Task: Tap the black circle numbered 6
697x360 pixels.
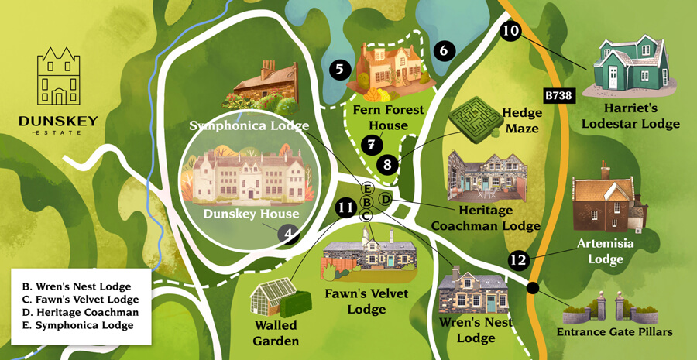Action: click(x=443, y=51)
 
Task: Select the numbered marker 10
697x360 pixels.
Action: click(x=510, y=32)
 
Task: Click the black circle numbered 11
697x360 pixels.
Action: click(x=345, y=207)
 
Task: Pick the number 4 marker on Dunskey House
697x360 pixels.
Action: click(x=289, y=233)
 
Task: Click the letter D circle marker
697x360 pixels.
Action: click(x=385, y=200)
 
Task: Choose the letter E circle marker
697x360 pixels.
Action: click(x=367, y=189)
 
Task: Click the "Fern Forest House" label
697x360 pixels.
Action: click(x=389, y=118)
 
